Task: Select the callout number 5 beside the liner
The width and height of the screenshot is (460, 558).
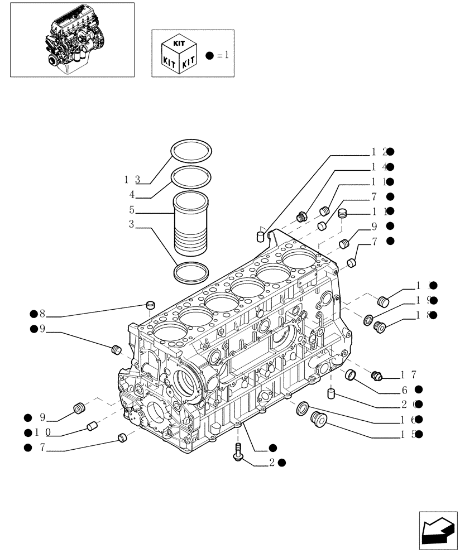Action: [132, 210]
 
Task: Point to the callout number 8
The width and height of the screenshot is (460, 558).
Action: [42, 314]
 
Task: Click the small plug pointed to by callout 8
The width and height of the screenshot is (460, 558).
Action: [150, 304]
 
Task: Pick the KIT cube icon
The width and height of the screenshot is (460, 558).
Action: [177, 54]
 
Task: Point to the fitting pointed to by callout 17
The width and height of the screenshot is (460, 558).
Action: [376, 376]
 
